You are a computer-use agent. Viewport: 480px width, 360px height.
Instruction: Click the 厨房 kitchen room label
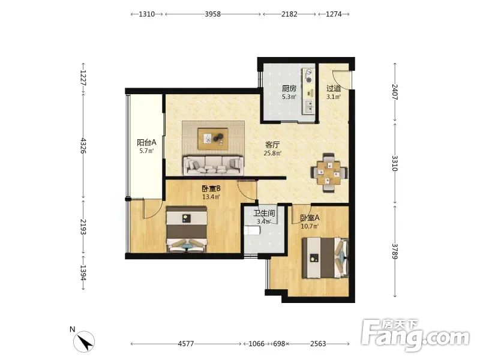(x=289, y=89)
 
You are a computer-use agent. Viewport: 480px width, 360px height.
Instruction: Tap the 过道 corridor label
(x=334, y=89)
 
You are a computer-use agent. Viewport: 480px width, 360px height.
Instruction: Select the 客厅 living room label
(x=272, y=145)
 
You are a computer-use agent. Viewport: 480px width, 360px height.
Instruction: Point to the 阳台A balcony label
(x=146, y=142)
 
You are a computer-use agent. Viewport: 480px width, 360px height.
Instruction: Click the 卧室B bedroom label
(x=211, y=189)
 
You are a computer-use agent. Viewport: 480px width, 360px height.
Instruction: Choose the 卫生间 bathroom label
(x=264, y=214)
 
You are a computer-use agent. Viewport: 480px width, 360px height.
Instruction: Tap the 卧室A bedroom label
(x=310, y=218)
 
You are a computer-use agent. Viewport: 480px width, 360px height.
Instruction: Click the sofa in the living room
(x=214, y=166)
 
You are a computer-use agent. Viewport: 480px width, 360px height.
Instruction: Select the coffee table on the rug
(x=213, y=139)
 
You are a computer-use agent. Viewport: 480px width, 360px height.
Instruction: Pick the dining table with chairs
(x=329, y=173)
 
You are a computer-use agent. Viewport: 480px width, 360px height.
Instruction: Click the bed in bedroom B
(x=187, y=230)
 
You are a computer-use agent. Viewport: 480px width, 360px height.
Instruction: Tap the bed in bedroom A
(x=325, y=258)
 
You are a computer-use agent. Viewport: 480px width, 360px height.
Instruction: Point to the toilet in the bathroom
(x=251, y=230)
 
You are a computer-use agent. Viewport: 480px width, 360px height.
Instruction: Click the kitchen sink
(x=310, y=106)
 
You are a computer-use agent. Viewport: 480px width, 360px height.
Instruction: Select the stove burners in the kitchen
(x=309, y=76)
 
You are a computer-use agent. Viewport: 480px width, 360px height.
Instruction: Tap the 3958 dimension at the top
(x=213, y=14)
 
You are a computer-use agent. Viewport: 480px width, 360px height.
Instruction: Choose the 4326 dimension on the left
(x=83, y=146)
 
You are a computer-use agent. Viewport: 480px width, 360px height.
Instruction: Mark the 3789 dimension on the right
(x=395, y=251)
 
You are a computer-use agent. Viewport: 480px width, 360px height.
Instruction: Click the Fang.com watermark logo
(x=415, y=336)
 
